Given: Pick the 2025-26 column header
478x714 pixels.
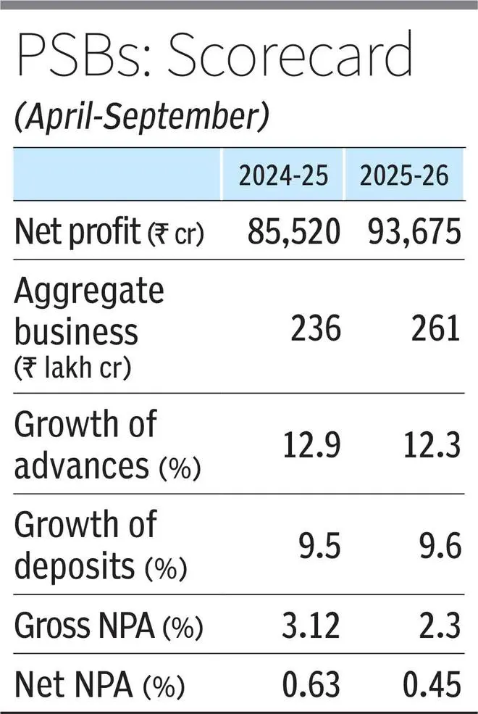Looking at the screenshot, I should tap(402, 175).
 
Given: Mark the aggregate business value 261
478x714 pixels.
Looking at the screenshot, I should tap(435, 331).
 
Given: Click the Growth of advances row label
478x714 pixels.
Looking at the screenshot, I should tap(106, 444).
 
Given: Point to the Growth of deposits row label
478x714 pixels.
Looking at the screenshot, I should tap(99, 545).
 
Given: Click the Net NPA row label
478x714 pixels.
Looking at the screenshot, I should tap(99, 684).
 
